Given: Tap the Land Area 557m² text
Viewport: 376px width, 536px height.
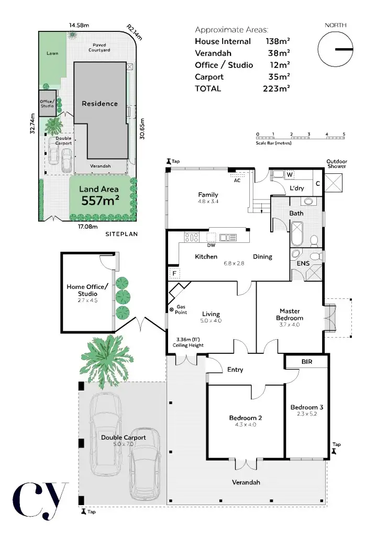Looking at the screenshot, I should (x=98, y=195).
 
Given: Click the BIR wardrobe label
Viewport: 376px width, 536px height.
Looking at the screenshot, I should (x=307, y=362).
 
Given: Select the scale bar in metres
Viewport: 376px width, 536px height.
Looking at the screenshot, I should (x=300, y=138).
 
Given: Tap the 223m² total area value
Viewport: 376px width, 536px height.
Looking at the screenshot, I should (x=277, y=88).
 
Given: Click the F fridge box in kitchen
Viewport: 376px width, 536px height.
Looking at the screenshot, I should (x=173, y=274).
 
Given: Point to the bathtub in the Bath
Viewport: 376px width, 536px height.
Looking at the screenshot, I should (x=296, y=233).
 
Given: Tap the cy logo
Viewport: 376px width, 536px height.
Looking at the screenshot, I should (x=40, y=501).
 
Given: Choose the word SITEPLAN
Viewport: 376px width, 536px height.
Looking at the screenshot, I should (x=121, y=234).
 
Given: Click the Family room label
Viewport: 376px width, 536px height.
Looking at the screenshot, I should (x=208, y=198).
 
